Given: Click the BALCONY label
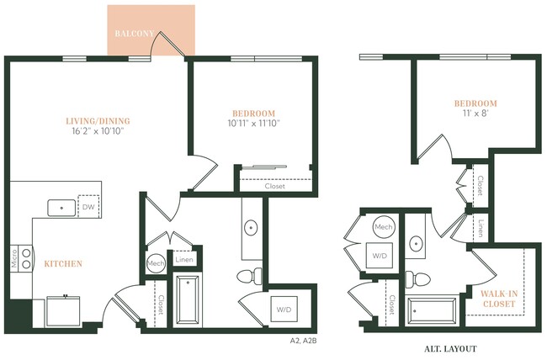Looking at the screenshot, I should pyautogui.click(x=134, y=34).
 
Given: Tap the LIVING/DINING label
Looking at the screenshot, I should pyautogui.click(x=98, y=119).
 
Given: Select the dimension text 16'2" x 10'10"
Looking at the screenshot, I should pyautogui.click(x=98, y=132).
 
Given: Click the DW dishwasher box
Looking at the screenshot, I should pyautogui.click(x=88, y=206).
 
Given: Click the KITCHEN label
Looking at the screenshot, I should pyautogui.click(x=63, y=264).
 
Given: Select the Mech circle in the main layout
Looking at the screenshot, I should pyautogui.click(x=156, y=262).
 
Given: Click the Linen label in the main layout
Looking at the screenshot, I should pyautogui.click(x=184, y=260).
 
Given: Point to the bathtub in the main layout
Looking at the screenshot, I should pyautogui.click(x=189, y=302).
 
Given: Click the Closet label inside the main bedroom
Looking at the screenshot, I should pyautogui.click(x=274, y=186).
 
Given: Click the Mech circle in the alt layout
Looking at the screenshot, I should pyautogui.click(x=383, y=227).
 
